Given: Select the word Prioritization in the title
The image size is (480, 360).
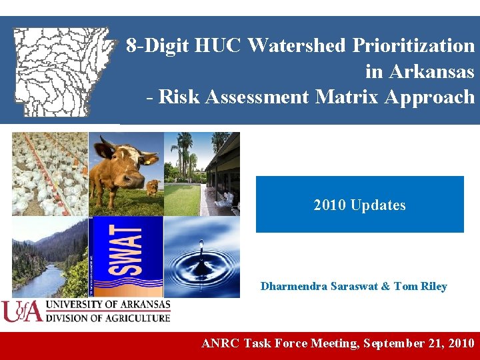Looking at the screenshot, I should (x=413, y=45).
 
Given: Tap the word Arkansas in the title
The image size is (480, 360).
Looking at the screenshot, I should (x=431, y=71).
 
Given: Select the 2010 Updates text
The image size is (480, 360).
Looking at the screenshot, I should (x=359, y=205).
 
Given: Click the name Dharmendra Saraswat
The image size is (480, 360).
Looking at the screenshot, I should (x=317, y=287).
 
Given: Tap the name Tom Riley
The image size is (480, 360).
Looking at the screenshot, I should (x=420, y=287).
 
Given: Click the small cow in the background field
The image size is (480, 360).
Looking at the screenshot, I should (x=153, y=186).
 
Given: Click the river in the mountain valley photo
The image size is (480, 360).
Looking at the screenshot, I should (x=40, y=280).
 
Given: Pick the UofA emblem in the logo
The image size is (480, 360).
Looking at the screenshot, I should (x=21, y=311).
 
